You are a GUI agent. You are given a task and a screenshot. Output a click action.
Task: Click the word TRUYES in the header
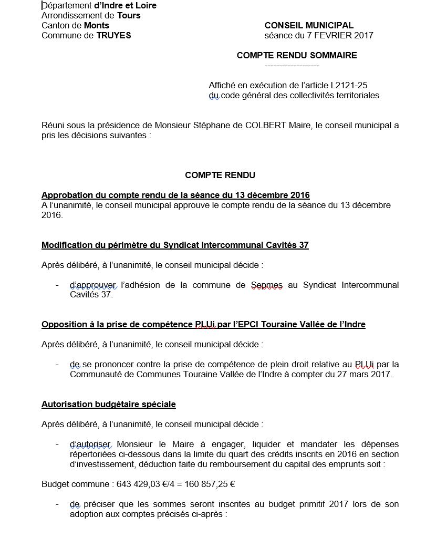tap(113, 36)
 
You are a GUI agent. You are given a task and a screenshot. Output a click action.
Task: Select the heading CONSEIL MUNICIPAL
tap(309, 25)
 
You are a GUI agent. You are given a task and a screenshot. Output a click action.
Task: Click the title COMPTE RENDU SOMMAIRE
tap(297, 55)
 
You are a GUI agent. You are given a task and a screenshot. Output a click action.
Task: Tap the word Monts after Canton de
tap(97, 25)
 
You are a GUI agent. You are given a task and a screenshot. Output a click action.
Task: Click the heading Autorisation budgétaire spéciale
tap(109, 404)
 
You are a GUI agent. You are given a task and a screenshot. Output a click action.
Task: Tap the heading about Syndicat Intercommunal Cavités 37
tap(175, 245)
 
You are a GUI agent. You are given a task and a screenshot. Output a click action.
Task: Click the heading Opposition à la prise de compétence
tap(203, 324)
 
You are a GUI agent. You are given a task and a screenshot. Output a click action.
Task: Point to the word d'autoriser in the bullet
tap(90, 444)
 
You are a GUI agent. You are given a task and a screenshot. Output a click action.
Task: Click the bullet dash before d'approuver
tap(57, 285)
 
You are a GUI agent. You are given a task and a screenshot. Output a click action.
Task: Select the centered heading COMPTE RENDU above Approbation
tap(220, 175)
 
